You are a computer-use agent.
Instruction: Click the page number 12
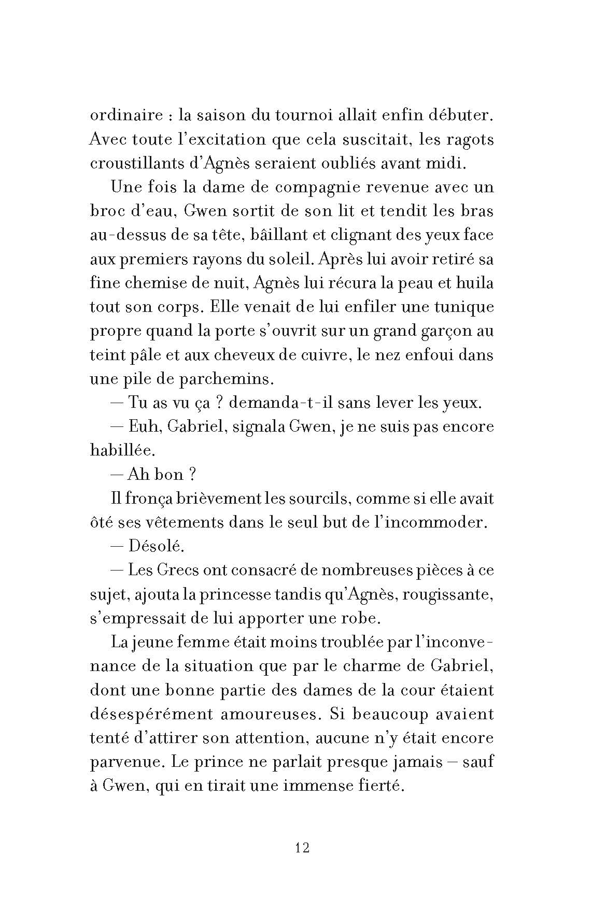point(302,848)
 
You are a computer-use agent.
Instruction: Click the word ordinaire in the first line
point(126,115)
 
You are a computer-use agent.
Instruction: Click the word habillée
point(122,451)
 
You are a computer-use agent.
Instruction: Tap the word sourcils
point(315,499)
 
